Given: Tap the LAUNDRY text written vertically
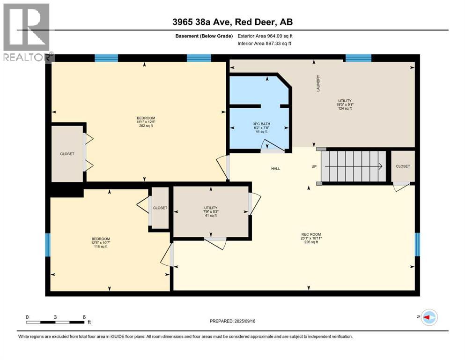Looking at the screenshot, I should tap(318, 83).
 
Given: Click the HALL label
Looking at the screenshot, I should tap(275, 168).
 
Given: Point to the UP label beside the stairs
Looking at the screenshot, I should tap(314, 166).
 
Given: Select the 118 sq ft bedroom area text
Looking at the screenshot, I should tap(101, 247).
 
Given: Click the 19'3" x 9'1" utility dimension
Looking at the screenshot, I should tap(345, 105).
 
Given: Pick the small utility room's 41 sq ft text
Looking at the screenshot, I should tap(210, 215).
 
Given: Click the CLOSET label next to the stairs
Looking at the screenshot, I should tap(403, 166).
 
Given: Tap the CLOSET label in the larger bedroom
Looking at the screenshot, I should tap(67, 154).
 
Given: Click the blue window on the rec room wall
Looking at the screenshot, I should tap(417, 244).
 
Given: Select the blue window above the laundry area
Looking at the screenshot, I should tap(358, 58).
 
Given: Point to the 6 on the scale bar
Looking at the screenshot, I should tap(84, 317).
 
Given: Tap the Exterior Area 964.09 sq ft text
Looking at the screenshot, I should tap(265, 36).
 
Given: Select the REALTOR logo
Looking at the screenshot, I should tap(27, 32).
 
